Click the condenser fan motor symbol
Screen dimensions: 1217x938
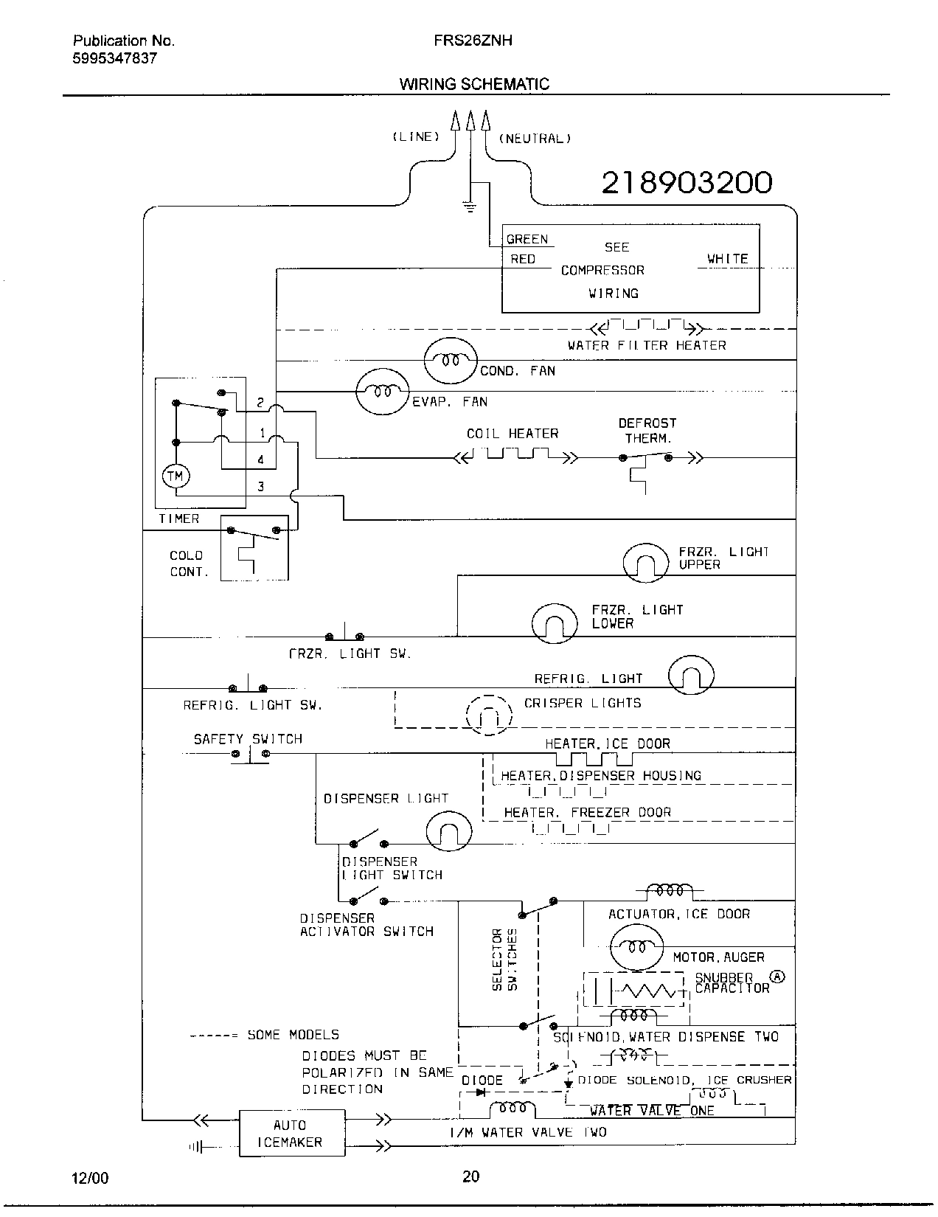[451, 360]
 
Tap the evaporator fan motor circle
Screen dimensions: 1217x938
[381, 392]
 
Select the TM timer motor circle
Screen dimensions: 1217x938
[176, 476]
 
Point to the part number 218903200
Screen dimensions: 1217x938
[687, 182]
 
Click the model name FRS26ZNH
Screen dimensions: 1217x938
[473, 41]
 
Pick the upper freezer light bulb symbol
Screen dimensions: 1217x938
[645, 564]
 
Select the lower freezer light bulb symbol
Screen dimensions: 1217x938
[554, 623]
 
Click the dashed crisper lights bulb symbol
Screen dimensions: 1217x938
[488, 715]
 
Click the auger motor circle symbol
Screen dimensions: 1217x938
[636, 946]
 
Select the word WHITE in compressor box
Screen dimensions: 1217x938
[727, 259]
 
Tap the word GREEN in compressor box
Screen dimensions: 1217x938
[527, 239]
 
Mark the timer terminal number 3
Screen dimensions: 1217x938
[260, 487]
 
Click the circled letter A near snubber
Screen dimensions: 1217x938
[778, 977]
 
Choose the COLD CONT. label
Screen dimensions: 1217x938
[189, 564]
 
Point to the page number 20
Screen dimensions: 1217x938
[470, 1176]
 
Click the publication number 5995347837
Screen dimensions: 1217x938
[114, 59]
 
